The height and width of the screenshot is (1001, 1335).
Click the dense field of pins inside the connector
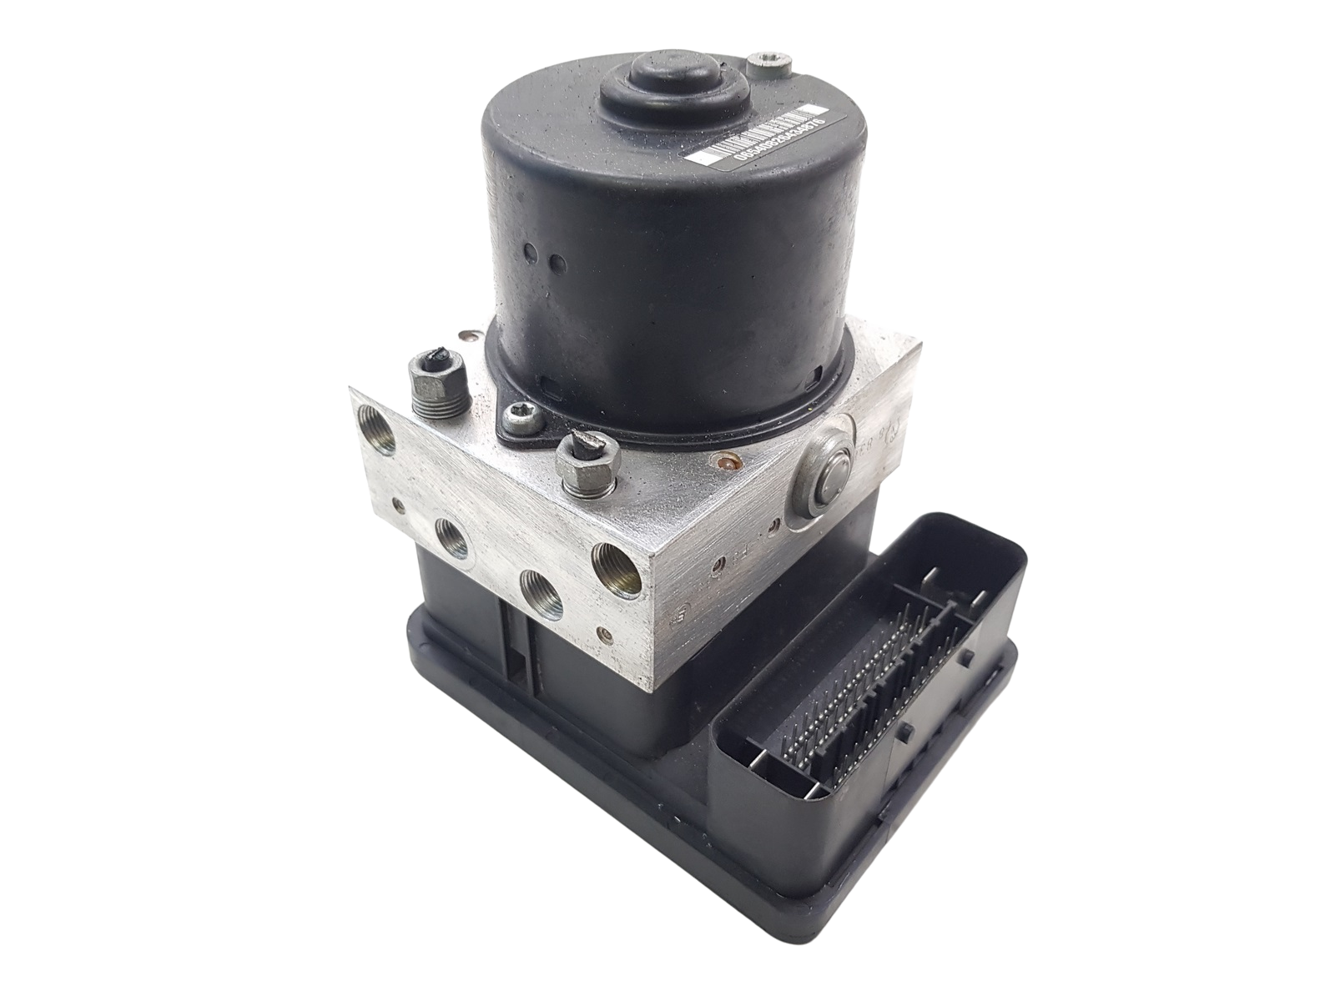[x=864, y=667]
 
